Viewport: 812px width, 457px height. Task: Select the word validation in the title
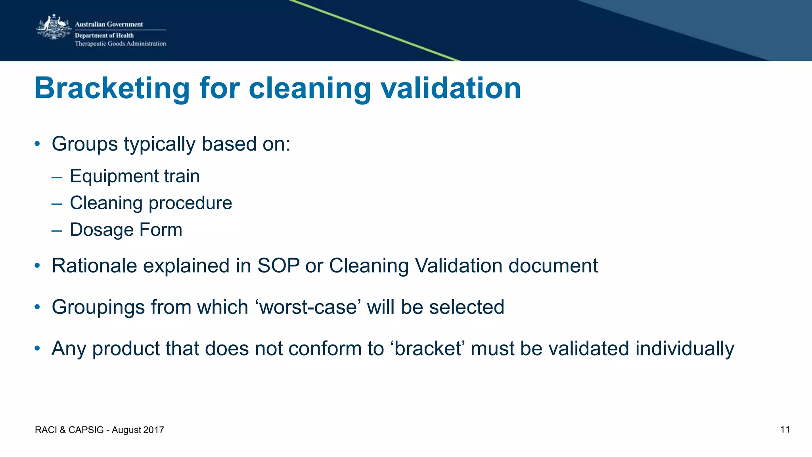pyautogui.click(x=451, y=88)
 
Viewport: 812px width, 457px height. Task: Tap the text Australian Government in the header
pyautogui.click(x=109, y=24)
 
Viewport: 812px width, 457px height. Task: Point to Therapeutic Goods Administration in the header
pyautogui.click(x=120, y=44)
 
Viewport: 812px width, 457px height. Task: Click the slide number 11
pyautogui.click(x=785, y=430)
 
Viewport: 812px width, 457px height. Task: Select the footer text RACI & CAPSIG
pyautogui.click(x=69, y=430)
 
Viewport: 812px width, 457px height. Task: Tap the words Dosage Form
pyautogui.click(x=126, y=230)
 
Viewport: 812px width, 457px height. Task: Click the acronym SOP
pyautogui.click(x=278, y=266)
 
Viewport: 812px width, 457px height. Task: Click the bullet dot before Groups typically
pyautogui.click(x=37, y=144)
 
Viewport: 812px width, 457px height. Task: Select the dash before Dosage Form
pyautogui.click(x=57, y=230)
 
